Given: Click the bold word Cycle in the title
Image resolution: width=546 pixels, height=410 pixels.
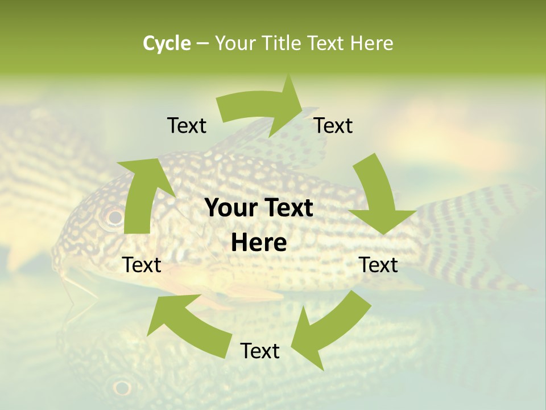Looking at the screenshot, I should [x=167, y=43].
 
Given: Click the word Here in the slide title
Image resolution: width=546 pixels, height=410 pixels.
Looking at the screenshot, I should [x=372, y=43].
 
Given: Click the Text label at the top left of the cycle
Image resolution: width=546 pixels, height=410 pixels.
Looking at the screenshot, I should [x=187, y=125].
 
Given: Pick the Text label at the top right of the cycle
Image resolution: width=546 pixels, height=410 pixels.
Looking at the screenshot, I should [x=333, y=125].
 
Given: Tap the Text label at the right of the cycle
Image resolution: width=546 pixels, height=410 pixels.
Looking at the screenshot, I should [x=379, y=265].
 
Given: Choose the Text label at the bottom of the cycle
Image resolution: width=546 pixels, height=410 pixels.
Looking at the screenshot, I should [x=260, y=351].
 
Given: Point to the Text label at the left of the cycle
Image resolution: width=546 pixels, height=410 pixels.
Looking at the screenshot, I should [x=142, y=265].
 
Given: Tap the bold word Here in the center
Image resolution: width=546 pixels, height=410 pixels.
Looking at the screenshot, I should [x=259, y=243].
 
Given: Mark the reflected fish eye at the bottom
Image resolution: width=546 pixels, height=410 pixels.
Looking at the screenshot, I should [x=122, y=388].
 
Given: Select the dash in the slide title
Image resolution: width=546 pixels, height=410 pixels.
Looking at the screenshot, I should [x=202, y=44].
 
